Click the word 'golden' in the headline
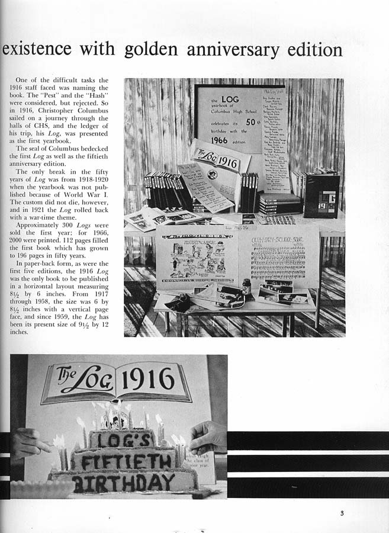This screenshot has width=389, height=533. click(x=152, y=49)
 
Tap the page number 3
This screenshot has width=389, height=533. click(x=342, y=513)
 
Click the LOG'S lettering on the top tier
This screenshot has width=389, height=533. click(x=123, y=439)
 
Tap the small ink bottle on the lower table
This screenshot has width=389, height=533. click(x=246, y=287)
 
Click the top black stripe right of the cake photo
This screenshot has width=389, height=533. click(x=308, y=441)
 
